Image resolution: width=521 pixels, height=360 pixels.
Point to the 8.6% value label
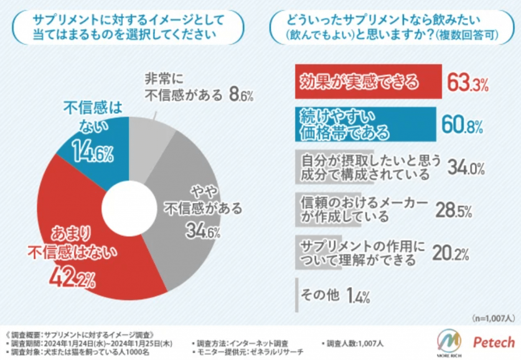click(x=242, y=95)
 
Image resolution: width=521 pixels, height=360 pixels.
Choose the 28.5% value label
click(x=453, y=211)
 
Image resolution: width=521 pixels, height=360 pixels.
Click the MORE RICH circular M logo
click(x=449, y=341)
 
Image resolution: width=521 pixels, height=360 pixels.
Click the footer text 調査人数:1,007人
click(x=354, y=343)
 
